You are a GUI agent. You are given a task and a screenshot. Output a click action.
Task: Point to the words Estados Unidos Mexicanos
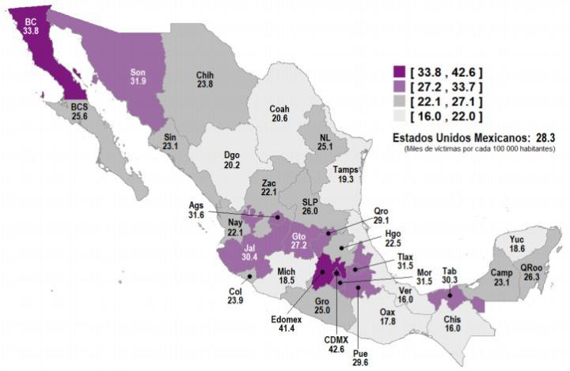point(461,137)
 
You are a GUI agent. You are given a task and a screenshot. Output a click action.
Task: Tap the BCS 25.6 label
point(79,111)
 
